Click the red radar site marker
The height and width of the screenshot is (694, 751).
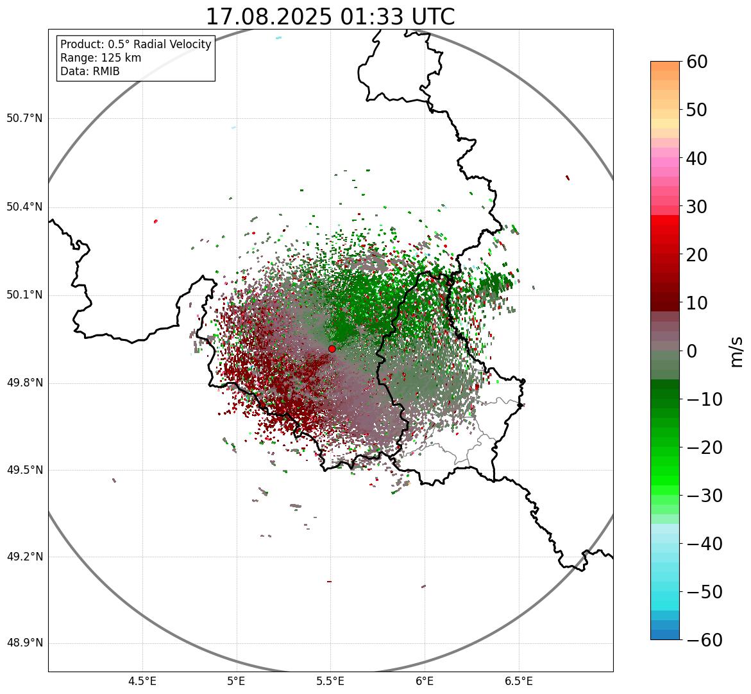click(x=332, y=349)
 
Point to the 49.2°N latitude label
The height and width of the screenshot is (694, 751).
click(x=24, y=557)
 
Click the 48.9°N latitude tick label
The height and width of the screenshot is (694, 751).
click(x=24, y=643)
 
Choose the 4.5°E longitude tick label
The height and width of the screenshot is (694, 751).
click(x=142, y=681)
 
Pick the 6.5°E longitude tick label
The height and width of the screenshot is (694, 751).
click(x=519, y=681)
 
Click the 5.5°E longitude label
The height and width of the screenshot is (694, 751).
click(x=330, y=681)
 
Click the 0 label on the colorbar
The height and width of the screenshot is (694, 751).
click(x=692, y=351)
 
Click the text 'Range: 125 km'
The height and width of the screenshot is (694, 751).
click(x=101, y=58)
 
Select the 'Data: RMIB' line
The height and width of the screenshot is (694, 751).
click(x=90, y=71)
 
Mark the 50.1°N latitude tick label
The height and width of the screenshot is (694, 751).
click(x=24, y=295)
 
